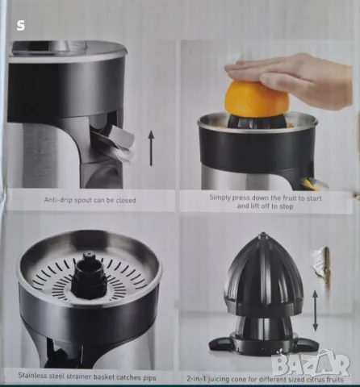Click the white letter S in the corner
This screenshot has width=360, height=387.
tap(21, 26)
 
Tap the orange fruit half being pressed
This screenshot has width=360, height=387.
tap(257, 100)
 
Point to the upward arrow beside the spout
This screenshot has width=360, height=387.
tap(151, 148)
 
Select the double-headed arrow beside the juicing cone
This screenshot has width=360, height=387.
tap(315, 310)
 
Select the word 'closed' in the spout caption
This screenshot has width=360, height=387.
tap(126, 200)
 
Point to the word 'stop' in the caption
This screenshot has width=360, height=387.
tap(286, 206)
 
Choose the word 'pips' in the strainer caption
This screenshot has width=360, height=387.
tap(149, 378)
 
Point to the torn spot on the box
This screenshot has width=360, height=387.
tap(321, 266)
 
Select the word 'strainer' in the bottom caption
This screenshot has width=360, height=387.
tap(79, 377)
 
